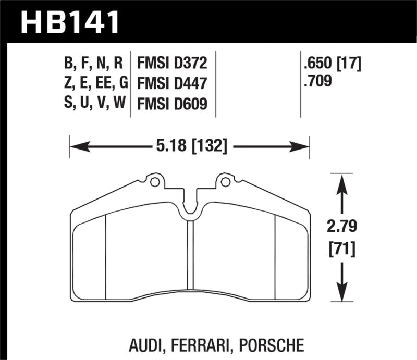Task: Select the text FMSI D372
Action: click(x=172, y=64)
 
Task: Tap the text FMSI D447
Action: click(x=172, y=84)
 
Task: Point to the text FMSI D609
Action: click(x=172, y=104)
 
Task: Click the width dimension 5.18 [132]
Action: click(x=190, y=147)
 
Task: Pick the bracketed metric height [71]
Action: click(x=342, y=249)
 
